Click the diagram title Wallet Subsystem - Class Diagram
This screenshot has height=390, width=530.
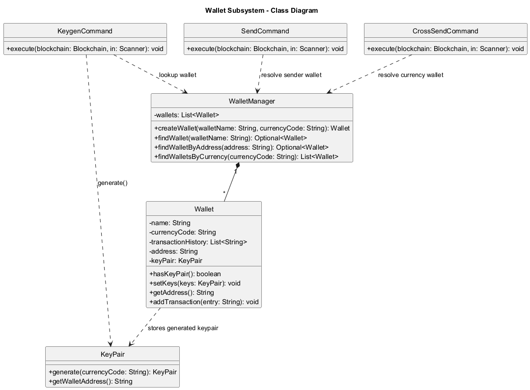(x=261, y=10)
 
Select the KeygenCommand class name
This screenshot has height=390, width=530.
(x=85, y=31)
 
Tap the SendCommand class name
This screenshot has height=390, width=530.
(x=265, y=31)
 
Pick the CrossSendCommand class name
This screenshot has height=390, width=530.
(x=446, y=31)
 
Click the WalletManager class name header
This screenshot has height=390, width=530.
(x=251, y=101)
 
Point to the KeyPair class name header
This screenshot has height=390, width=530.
(x=112, y=354)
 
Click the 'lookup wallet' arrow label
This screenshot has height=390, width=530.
(x=177, y=75)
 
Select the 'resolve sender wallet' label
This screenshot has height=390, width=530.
(x=291, y=75)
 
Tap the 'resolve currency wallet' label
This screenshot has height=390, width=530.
(x=411, y=75)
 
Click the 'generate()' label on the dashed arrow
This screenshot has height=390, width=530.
(x=112, y=183)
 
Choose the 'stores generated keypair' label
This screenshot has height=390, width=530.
(x=183, y=328)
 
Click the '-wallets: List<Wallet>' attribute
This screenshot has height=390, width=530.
(x=187, y=115)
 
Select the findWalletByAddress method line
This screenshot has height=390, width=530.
(x=241, y=147)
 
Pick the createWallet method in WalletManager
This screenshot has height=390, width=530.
(x=251, y=129)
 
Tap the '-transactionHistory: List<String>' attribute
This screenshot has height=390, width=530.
(x=198, y=242)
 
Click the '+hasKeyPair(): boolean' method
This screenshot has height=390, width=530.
(x=185, y=274)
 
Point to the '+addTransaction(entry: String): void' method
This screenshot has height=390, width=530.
(x=204, y=302)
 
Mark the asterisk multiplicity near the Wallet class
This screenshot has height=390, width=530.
(x=224, y=193)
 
